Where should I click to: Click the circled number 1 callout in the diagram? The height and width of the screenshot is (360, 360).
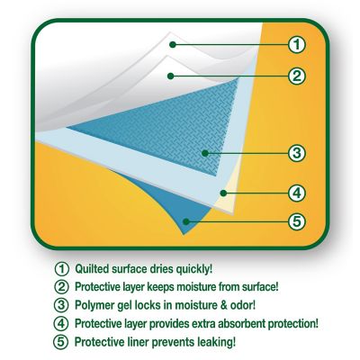point(297,45)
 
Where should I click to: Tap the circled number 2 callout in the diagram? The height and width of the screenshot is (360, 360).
point(297,76)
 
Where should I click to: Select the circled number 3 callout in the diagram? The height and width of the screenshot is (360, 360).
point(297,153)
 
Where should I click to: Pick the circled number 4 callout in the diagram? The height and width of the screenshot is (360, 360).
point(297,193)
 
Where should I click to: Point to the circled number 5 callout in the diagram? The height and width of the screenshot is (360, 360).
point(297,222)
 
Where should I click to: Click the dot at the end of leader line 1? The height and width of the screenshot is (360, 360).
point(172,45)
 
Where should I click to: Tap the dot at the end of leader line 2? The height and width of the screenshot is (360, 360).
point(171,76)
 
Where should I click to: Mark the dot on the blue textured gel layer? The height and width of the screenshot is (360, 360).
point(205,154)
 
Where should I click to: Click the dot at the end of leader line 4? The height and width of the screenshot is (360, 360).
point(223,193)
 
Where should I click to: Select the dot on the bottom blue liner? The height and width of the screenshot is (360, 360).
point(186,222)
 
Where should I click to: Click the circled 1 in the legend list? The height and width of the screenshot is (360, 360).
point(62,269)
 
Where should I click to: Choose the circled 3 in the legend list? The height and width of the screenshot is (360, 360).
point(61,305)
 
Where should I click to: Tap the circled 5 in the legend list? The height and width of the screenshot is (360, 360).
point(61,342)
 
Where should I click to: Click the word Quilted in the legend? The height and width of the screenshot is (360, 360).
point(92,269)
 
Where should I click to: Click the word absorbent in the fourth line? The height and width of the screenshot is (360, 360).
point(241,324)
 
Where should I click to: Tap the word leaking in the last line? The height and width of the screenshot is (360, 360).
point(217,342)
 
